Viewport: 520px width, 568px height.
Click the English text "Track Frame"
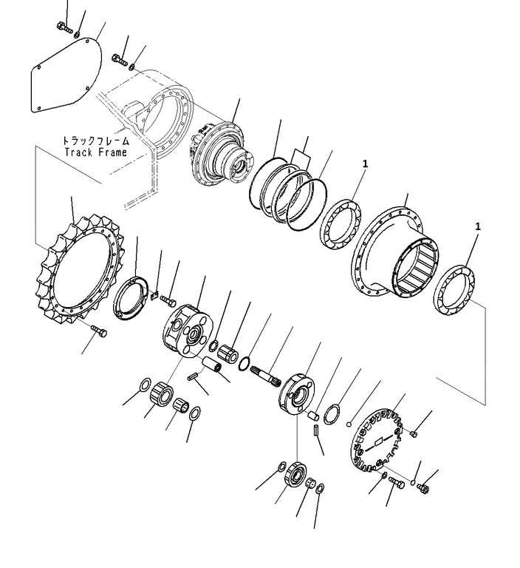tap(96, 152)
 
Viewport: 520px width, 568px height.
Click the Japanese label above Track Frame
tap(96, 141)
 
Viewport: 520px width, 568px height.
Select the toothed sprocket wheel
tap(78, 270)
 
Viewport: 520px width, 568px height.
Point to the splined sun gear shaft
tap(267, 376)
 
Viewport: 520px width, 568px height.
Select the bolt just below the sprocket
tap(98, 331)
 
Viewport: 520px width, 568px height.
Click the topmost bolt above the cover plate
tap(65, 27)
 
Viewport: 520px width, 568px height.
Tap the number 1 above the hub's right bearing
tap(478, 226)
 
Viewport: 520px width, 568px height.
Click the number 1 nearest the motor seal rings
tap(365, 163)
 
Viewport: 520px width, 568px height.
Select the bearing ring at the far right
tap(454, 290)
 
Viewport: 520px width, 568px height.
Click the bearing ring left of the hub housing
tap(341, 224)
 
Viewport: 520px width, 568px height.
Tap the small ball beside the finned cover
tap(349, 424)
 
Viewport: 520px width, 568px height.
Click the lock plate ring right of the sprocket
tap(131, 297)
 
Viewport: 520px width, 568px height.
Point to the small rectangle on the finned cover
tap(379, 442)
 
